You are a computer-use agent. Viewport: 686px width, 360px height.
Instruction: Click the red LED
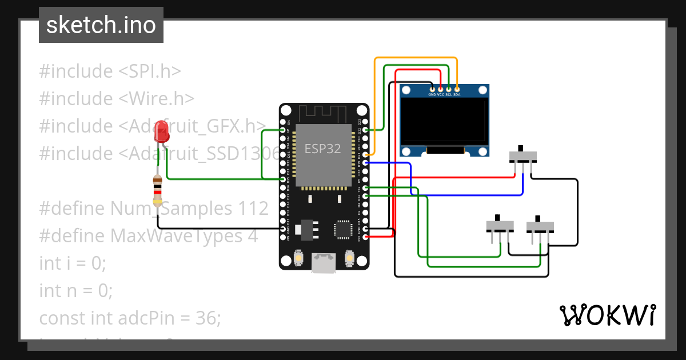click(x=162, y=133)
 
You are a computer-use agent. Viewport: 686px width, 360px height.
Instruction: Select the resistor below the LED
click(x=158, y=191)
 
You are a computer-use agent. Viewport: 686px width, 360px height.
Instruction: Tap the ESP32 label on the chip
click(x=322, y=149)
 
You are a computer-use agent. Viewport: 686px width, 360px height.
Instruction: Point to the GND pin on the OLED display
click(x=432, y=89)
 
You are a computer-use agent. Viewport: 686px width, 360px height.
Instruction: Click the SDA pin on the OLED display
click(x=457, y=89)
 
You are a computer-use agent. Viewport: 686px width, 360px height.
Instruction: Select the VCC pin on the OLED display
click(x=440, y=89)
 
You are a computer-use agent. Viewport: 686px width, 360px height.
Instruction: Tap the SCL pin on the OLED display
click(x=449, y=89)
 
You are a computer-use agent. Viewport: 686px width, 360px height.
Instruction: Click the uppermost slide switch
click(x=523, y=157)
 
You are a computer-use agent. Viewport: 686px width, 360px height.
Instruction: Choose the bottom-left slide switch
click(x=500, y=226)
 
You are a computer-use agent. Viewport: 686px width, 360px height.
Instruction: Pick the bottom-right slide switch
click(x=540, y=226)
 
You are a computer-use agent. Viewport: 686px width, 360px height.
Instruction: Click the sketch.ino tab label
click(x=101, y=25)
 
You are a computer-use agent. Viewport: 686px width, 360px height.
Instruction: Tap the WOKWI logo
click(x=607, y=315)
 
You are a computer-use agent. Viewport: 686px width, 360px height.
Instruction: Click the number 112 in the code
click(x=253, y=209)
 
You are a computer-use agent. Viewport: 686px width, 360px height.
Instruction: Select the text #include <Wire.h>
click(x=117, y=98)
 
